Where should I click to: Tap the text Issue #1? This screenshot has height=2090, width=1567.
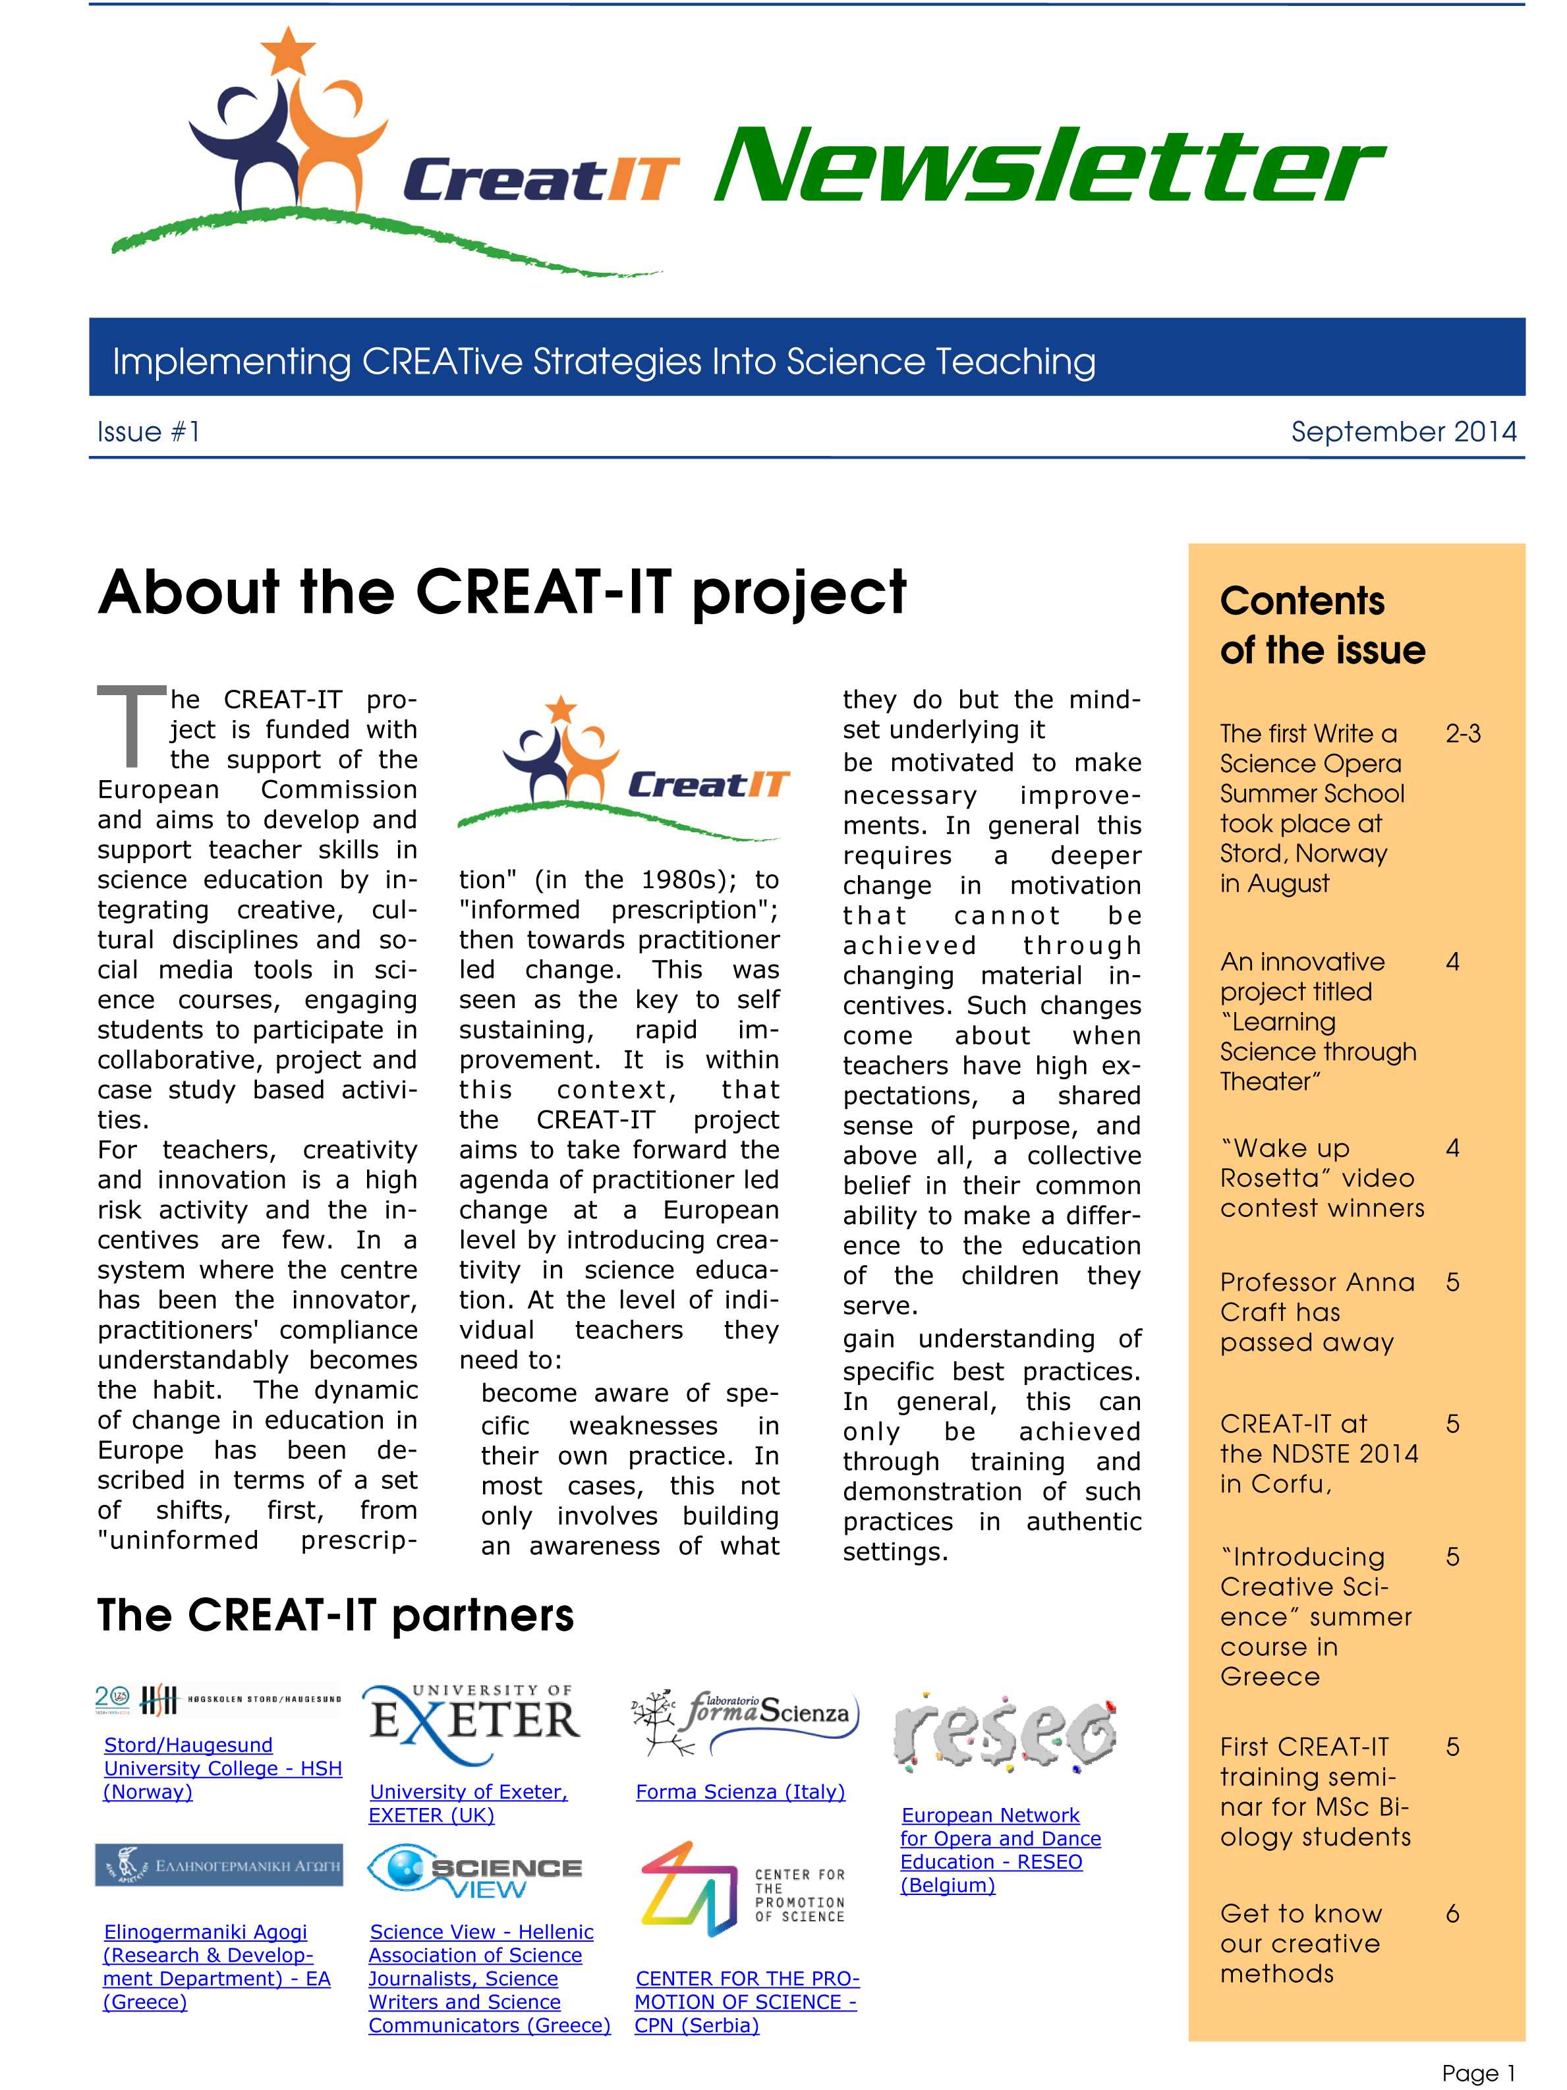pyautogui.click(x=148, y=432)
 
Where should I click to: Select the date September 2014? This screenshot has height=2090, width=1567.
pyautogui.click(x=1402, y=432)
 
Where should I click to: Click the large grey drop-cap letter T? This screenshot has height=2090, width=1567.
pyautogui.click(x=130, y=725)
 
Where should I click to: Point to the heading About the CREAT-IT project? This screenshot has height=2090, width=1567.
pyautogui.click(x=502, y=592)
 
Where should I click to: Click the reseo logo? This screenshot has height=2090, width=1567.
pyautogui.click(x=1004, y=1732)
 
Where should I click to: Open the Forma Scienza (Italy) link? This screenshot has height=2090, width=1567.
pyautogui.click(x=740, y=1792)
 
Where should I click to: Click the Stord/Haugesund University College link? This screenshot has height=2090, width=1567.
pyautogui.click(x=222, y=1768)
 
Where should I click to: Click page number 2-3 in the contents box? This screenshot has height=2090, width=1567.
pyautogui.click(x=1462, y=734)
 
